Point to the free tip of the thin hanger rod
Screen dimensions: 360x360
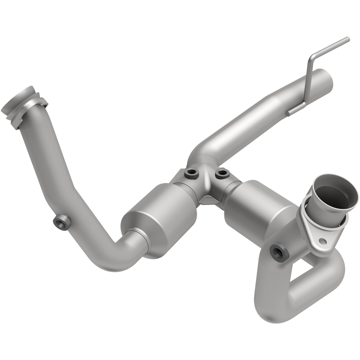coord(348,39)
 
